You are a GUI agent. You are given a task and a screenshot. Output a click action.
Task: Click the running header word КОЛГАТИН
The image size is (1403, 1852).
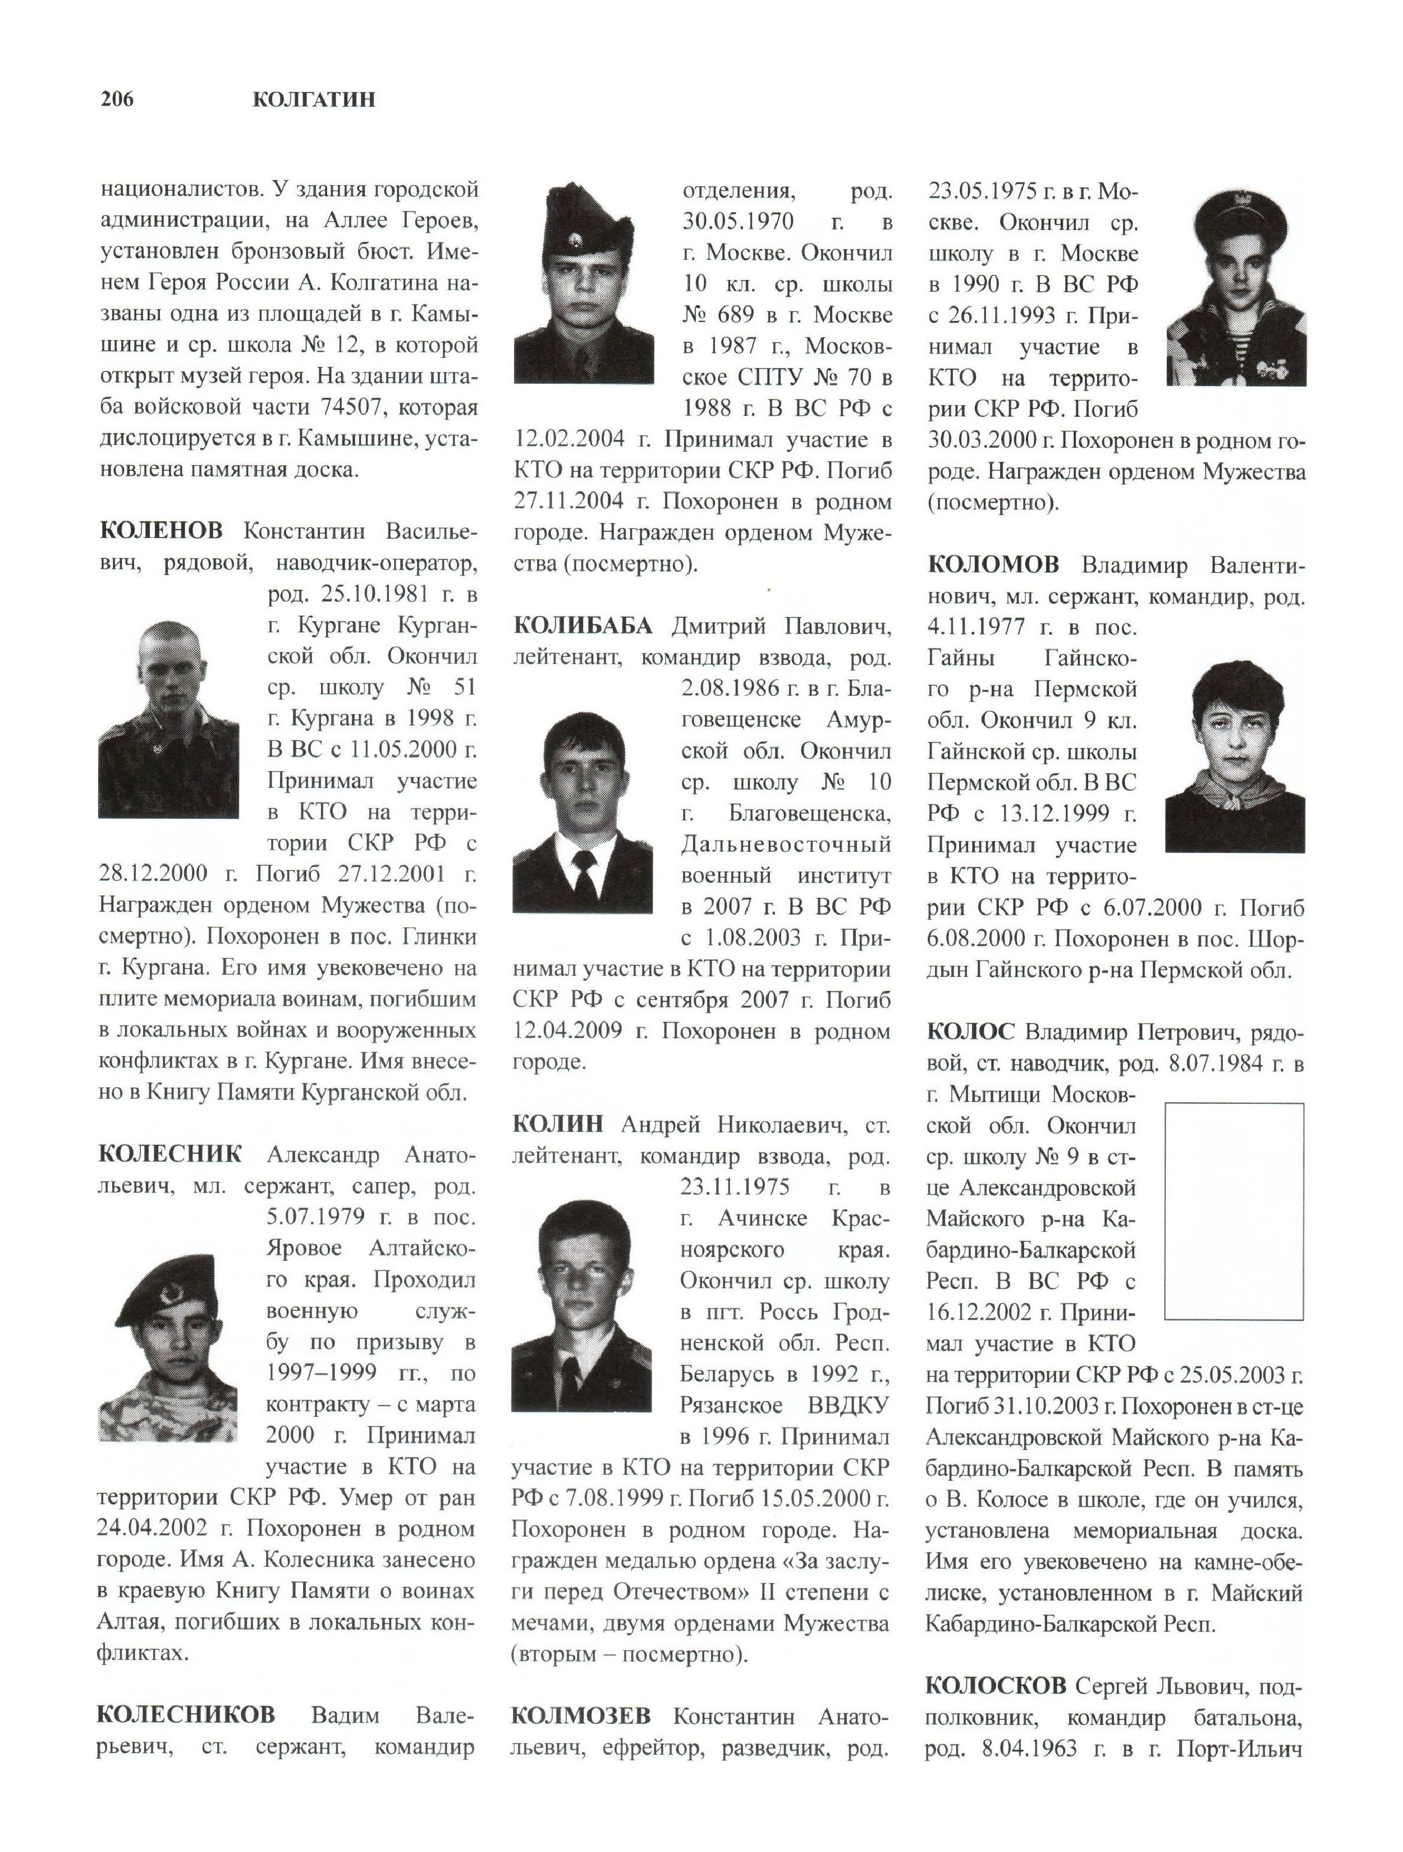[x=313, y=100]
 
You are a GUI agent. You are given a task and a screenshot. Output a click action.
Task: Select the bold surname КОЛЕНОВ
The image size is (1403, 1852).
[x=161, y=531]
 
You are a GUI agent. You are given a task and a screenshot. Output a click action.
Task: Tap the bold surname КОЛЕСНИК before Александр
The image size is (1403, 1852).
[x=170, y=1154]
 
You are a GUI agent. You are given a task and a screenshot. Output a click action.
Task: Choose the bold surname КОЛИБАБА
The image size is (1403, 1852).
[x=582, y=626]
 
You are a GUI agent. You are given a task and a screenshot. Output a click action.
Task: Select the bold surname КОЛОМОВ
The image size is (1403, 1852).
[x=993, y=565]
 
